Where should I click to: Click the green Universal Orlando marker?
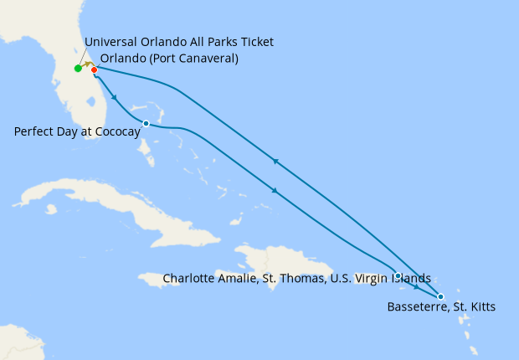point(78,69)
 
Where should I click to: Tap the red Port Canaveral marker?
point(94,69)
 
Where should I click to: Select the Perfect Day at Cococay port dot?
point(146,124)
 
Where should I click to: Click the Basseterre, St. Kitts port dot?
point(440,296)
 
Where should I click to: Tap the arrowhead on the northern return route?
point(275,161)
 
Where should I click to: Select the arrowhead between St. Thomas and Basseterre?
point(417,287)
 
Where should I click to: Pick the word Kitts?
point(480,307)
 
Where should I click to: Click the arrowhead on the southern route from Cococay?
point(274,191)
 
